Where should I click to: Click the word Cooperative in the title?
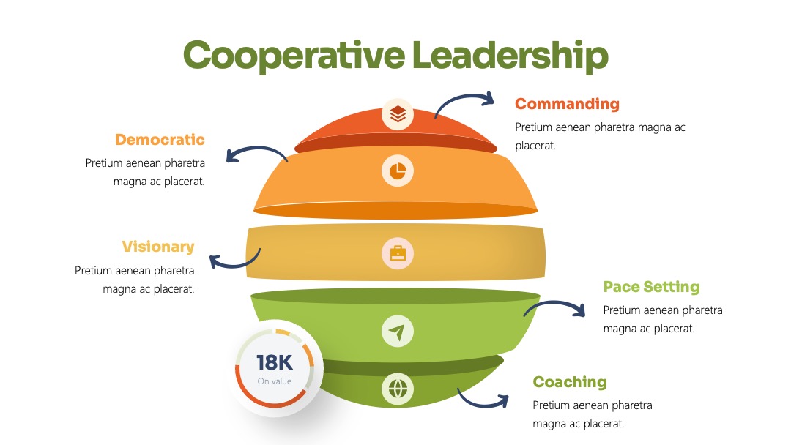[x=294, y=56]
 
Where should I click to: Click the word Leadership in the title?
[x=510, y=55]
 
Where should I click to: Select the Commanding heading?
[x=567, y=104]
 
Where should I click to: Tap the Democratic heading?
[x=160, y=140]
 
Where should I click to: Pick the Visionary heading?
[x=158, y=247]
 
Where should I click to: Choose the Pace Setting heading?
[x=651, y=287]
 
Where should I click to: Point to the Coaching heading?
[x=570, y=382]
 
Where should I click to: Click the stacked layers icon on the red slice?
[x=398, y=114]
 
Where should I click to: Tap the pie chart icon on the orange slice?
[x=398, y=171]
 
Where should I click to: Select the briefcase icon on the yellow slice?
[x=398, y=253]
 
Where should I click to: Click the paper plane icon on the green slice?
[x=398, y=332]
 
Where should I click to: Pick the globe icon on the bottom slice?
[x=398, y=389]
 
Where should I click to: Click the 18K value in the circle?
[x=274, y=363]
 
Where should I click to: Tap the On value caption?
[x=275, y=381]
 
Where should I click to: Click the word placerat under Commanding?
[x=535, y=146]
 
